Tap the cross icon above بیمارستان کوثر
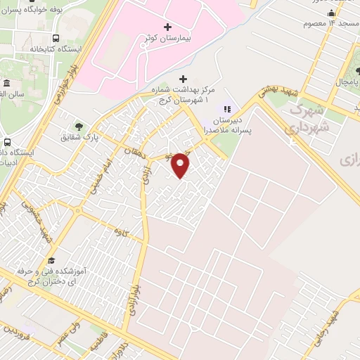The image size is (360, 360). [167, 26]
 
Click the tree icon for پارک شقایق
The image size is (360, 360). [78, 127]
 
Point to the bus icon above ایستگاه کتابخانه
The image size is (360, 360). [56, 39]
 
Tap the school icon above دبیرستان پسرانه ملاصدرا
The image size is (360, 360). [226, 109]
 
